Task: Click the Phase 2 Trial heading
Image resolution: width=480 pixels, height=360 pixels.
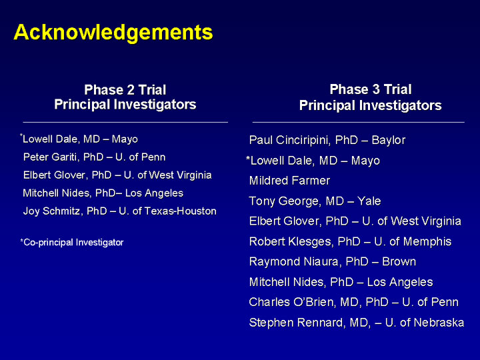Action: pos(125,90)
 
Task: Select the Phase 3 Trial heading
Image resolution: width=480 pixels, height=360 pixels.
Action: pos(371,89)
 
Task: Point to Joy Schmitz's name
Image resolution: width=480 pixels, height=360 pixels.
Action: pos(53,211)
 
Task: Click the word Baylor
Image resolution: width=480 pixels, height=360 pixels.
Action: pos(389,140)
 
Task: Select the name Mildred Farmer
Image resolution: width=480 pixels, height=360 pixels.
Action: pos(289,181)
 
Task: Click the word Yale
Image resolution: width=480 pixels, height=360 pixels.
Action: pos(369,201)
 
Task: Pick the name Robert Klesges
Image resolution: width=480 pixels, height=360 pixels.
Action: pos(291,241)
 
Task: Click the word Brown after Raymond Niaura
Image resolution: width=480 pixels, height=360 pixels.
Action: pos(399,262)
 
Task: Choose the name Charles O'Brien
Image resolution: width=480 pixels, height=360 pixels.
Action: pos(290,302)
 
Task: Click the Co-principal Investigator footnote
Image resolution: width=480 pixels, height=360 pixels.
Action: pos(72,243)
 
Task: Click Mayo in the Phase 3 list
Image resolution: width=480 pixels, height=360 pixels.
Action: pos(365,161)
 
